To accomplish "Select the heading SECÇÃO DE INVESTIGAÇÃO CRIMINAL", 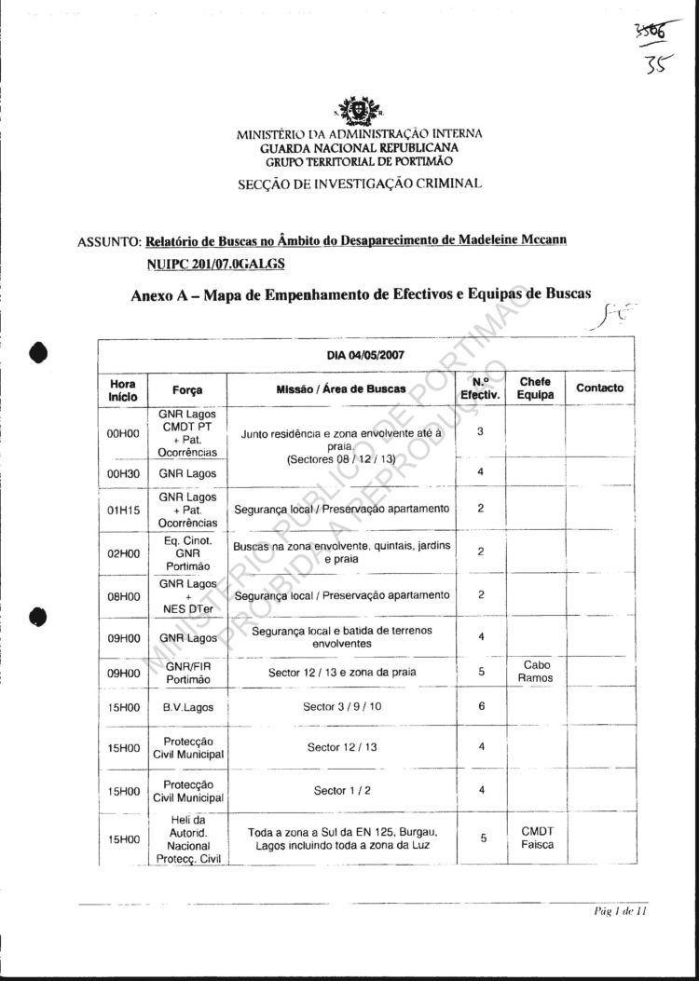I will point(360,183).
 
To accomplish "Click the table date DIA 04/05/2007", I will point(365,354).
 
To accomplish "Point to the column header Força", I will point(187,389).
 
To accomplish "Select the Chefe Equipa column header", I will point(535,388).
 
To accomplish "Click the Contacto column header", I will point(600,388).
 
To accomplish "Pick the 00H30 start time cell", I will point(123,473).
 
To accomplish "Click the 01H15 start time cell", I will point(123,510).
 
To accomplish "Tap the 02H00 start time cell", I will point(123,552).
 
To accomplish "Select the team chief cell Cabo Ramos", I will point(535,671).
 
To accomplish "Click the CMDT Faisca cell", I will point(535,838).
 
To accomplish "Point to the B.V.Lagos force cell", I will point(187,707).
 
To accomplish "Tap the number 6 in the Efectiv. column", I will point(482,707).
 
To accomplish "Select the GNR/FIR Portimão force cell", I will point(187,671).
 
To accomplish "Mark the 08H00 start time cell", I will point(123,595).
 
